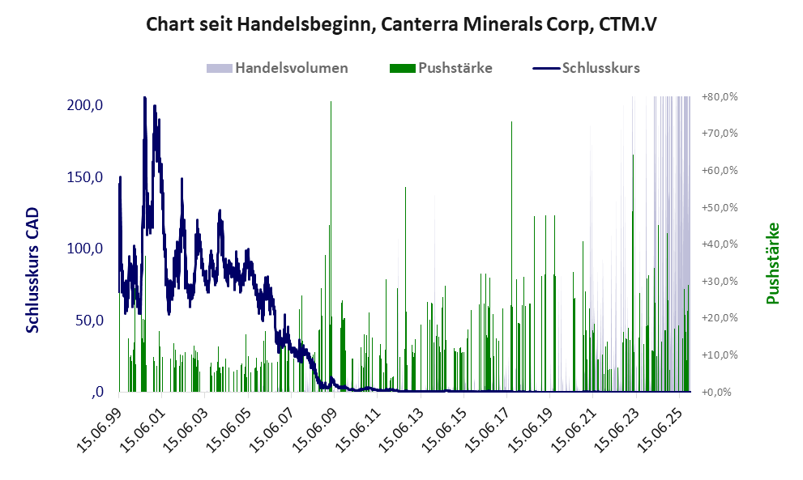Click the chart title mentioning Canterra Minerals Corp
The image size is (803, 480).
[x=401, y=25]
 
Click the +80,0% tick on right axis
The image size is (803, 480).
[x=720, y=97]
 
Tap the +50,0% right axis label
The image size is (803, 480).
[x=720, y=208]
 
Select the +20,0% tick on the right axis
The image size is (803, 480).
[x=720, y=318]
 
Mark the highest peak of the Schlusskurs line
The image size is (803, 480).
[x=144, y=98]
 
